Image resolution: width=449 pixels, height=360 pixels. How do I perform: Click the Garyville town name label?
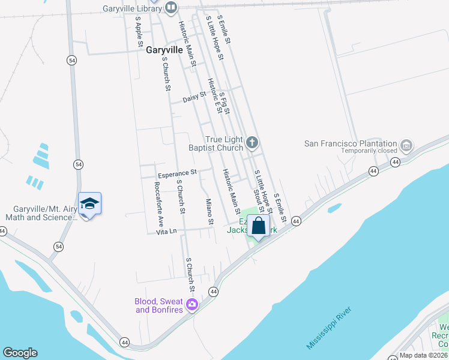[x=164, y=50]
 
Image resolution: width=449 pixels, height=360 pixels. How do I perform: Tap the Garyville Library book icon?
[x=172, y=7]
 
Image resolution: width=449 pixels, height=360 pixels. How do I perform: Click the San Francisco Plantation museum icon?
[x=406, y=145]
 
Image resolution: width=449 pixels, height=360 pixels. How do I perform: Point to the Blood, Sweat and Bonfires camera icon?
[x=192, y=305]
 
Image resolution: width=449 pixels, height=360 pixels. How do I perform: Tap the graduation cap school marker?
[x=89, y=204]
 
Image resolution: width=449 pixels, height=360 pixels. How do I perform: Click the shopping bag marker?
[x=259, y=227]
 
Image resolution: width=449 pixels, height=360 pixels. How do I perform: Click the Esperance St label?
[x=178, y=172]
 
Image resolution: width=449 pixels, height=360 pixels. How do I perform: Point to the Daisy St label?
[x=194, y=95]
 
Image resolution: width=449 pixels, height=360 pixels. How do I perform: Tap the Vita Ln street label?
[x=166, y=232]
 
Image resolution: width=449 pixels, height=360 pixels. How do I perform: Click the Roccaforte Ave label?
[x=159, y=196]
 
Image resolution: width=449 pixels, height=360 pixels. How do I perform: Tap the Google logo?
[x=20, y=353]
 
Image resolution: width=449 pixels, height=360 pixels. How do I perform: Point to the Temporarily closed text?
[x=369, y=151]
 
